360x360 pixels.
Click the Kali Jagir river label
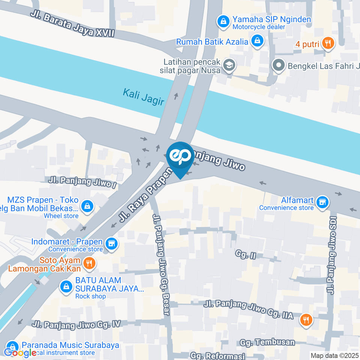click(x=144, y=96)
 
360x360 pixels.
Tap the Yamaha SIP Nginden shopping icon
click(x=223, y=22)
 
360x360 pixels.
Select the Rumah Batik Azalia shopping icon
click(x=257, y=41)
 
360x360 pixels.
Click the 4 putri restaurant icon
click(x=328, y=43)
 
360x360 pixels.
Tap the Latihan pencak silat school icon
click(x=228, y=66)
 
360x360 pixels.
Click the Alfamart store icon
click(x=322, y=202)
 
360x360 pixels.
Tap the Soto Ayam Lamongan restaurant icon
click(x=89, y=264)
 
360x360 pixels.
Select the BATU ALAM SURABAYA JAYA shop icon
click(x=66, y=287)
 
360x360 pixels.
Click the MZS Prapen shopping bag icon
click(x=87, y=206)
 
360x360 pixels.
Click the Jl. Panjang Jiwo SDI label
click(x=331, y=255)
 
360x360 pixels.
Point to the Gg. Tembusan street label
click(x=267, y=342)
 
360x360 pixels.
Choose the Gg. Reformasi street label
click(x=217, y=355)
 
